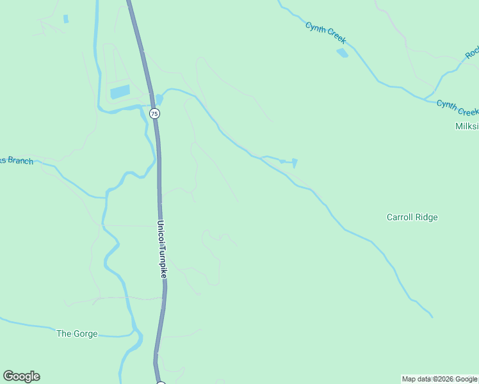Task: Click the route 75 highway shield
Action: pyautogui.click(x=154, y=113)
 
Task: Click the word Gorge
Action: pyautogui.click(x=86, y=333)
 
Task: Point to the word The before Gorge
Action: pyautogui.click(x=65, y=333)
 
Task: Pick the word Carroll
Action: pyautogui.click(x=400, y=217)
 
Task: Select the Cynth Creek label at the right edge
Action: pyautogui.click(x=457, y=107)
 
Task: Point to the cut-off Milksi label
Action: pyautogui.click(x=466, y=127)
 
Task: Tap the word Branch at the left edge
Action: pyautogui.click(x=20, y=161)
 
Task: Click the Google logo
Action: pyautogui.click(x=22, y=376)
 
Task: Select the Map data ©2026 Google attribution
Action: pyautogui.click(x=439, y=380)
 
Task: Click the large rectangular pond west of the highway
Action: pyautogui.click(x=120, y=92)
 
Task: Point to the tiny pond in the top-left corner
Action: pyautogui.click(x=66, y=19)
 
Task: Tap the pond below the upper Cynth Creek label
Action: pyautogui.click(x=343, y=53)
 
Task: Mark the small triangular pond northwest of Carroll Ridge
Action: pyautogui.click(x=294, y=163)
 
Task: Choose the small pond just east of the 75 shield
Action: pyautogui.click(x=159, y=99)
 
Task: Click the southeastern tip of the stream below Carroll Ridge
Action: pyautogui.click(x=432, y=316)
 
